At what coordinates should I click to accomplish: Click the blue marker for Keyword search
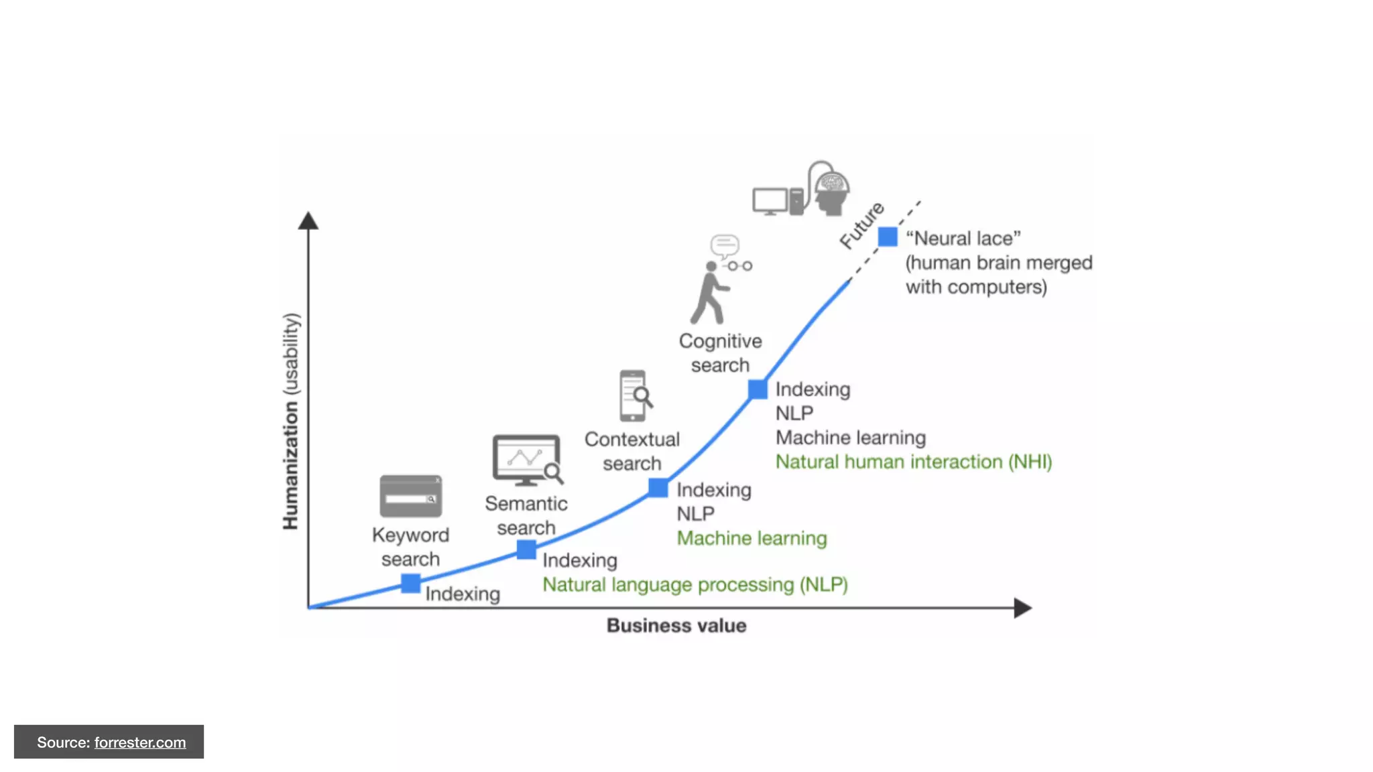[410, 583]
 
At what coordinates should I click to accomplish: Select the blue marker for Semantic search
[526, 550]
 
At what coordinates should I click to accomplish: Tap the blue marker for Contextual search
[658, 488]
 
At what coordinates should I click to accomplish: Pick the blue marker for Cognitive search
[758, 389]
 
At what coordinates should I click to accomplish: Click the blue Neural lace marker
[888, 237]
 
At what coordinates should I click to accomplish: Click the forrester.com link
[140, 743]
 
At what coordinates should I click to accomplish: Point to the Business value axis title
[676, 625]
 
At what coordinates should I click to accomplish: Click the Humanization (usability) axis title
[290, 421]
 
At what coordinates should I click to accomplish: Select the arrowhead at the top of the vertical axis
[308, 221]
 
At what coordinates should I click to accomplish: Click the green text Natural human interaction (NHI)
[913, 462]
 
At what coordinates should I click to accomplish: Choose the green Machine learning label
[752, 538]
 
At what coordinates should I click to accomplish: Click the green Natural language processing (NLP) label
[695, 584]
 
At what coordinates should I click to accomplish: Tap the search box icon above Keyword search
[410, 496]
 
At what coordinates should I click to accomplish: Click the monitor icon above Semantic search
[527, 460]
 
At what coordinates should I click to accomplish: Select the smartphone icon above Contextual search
[634, 395]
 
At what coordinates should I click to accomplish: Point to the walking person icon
[711, 294]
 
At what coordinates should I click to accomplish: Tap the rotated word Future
[862, 225]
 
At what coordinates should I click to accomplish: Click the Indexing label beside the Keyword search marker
[462, 594]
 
